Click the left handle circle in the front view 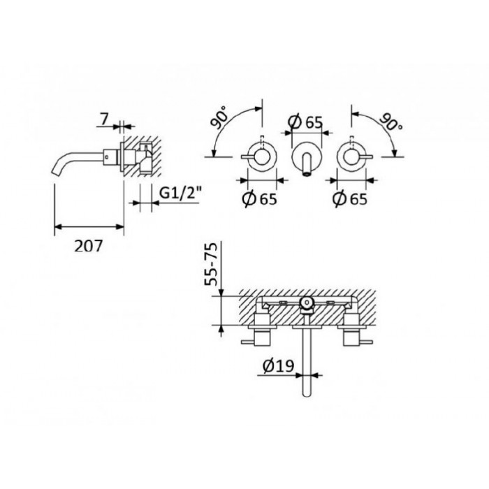pyautogui.click(x=263, y=158)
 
